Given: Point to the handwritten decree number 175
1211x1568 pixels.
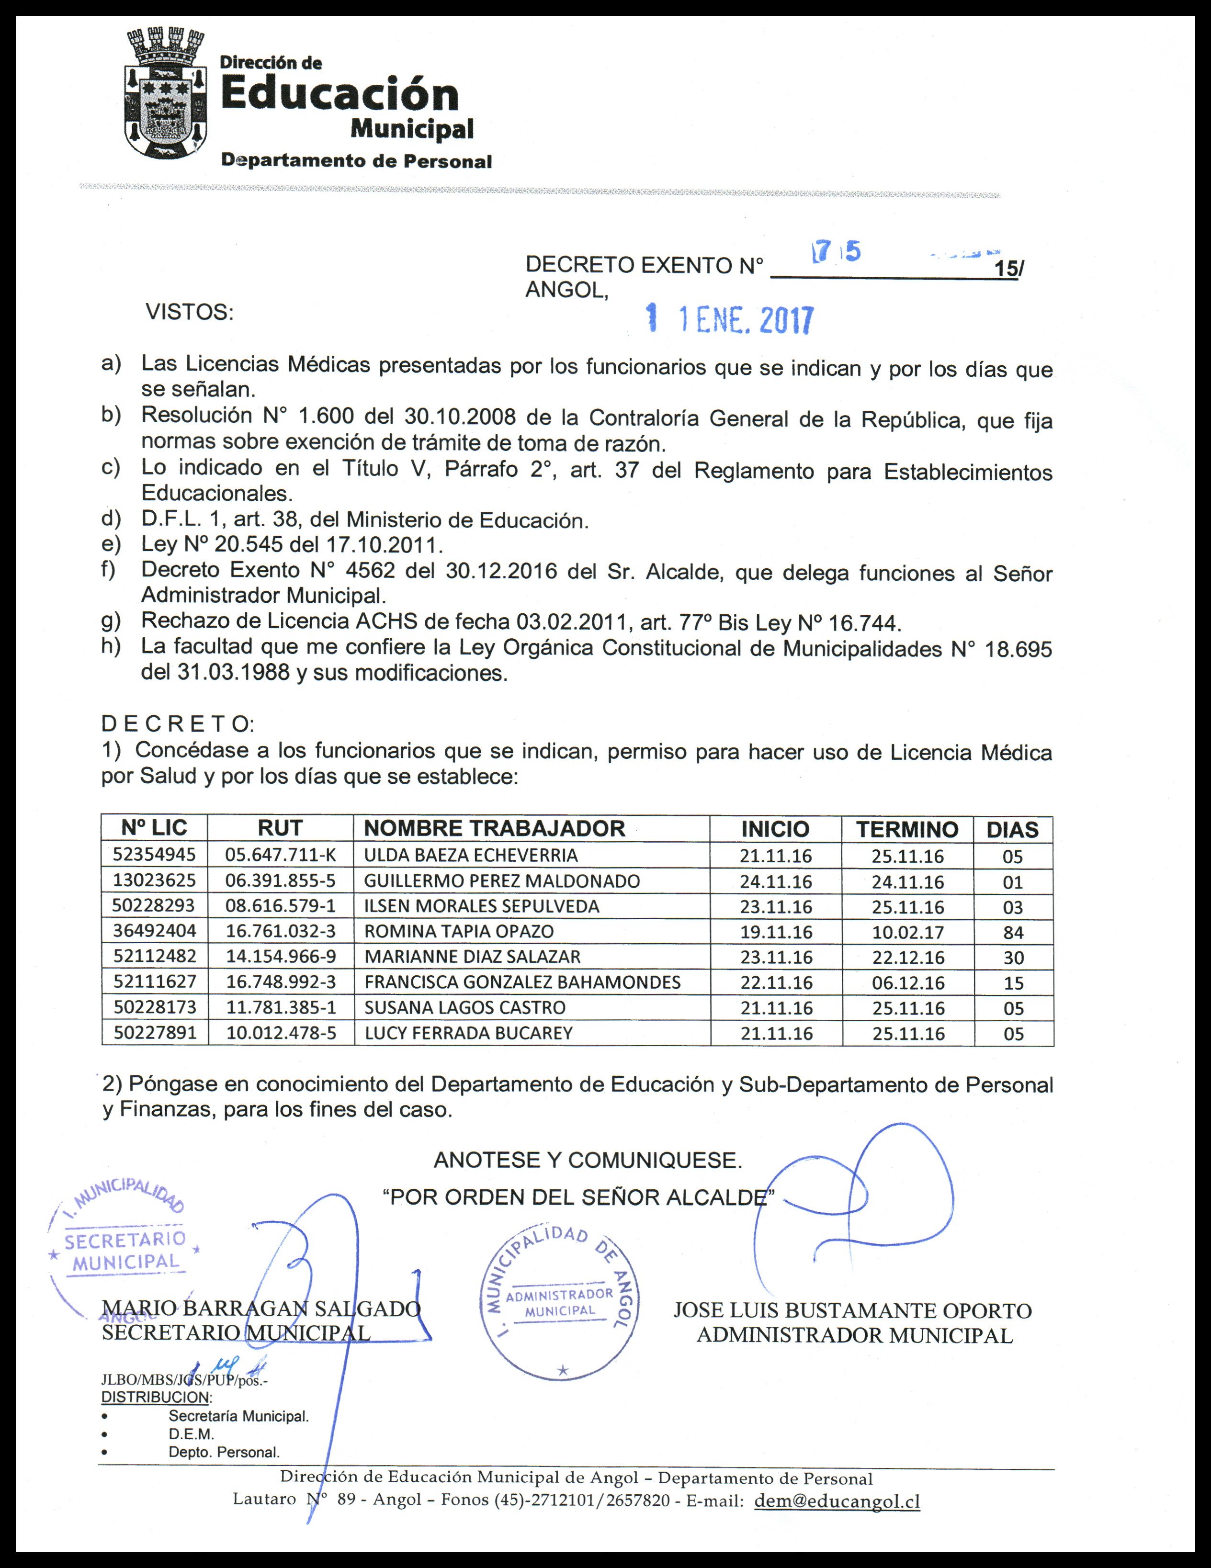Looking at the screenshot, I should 835,252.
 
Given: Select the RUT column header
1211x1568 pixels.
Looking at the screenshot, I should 280,828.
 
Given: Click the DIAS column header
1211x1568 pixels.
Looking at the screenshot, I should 1012,830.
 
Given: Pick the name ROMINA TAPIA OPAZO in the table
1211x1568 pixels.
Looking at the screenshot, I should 459,931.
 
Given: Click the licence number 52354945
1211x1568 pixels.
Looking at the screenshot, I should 154,854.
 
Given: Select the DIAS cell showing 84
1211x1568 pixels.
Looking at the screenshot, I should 1013,933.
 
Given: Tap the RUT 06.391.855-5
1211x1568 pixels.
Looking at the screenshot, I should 280,880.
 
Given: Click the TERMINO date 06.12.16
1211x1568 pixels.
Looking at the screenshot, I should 907,983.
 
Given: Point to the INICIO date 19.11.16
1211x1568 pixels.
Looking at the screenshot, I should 776,932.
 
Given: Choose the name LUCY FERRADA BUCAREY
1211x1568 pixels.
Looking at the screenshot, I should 468,1033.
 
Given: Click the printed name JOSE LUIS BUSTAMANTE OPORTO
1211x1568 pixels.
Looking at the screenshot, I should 852,1310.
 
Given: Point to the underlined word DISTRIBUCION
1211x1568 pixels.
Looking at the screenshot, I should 155,1397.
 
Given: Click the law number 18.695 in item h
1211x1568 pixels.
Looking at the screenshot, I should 1016,649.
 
